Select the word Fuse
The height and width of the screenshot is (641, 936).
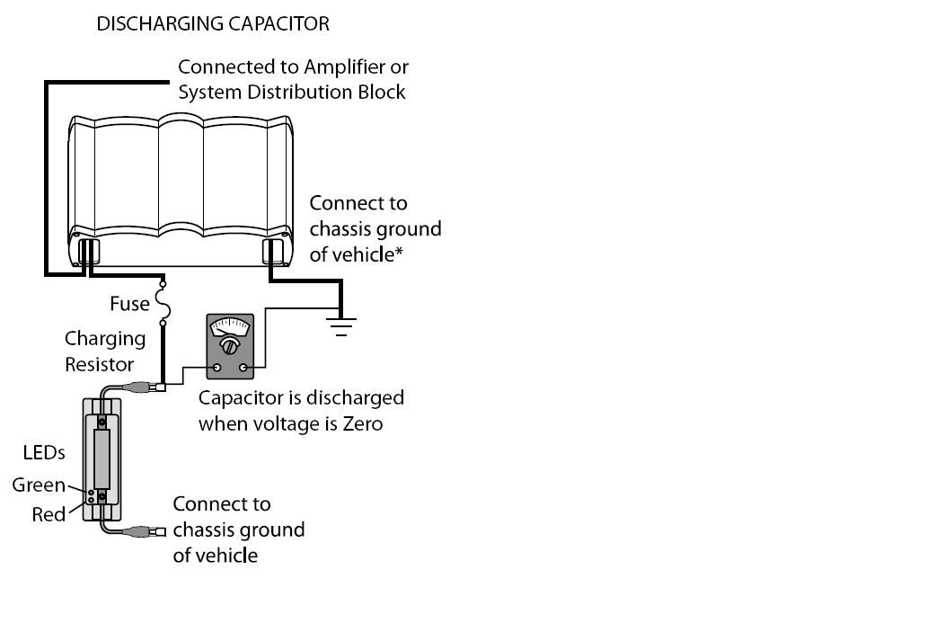[129, 304]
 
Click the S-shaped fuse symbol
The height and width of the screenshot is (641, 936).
[163, 305]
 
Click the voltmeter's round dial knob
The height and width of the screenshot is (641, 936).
[230, 346]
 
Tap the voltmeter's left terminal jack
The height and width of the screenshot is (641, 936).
[216, 368]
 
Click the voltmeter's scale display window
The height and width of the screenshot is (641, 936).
[230, 327]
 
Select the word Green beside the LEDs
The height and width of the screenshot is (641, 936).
[39, 485]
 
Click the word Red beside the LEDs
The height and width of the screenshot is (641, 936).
[49, 515]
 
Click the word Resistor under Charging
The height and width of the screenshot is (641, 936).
[99, 364]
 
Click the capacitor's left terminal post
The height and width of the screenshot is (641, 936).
[88, 249]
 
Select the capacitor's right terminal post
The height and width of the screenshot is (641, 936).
[272, 250]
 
